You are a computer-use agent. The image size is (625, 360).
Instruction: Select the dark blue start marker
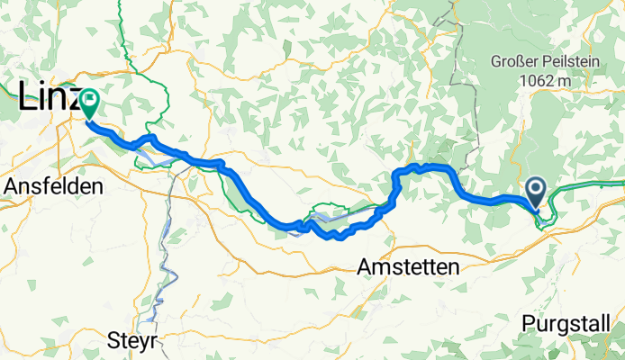click(535, 191)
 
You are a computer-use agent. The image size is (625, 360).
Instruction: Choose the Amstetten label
click(407, 267)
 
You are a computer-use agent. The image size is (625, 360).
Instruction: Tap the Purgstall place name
click(571, 322)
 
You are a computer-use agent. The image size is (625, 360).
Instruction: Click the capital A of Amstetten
click(364, 267)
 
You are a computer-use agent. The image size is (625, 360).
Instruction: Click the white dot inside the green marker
click(90, 98)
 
